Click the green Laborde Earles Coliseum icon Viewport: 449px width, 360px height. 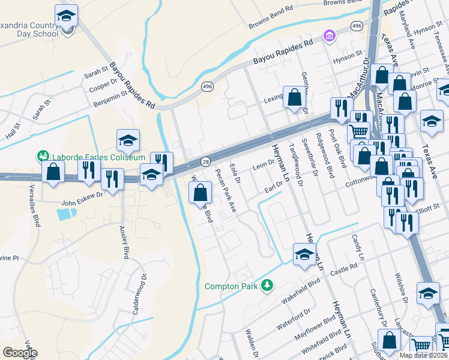tap(42, 157)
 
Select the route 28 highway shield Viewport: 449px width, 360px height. tap(205, 163)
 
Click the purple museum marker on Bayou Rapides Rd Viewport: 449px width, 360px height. tap(329, 37)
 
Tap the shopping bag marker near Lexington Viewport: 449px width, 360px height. tap(295, 97)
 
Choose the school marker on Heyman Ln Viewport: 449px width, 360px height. tap(304, 254)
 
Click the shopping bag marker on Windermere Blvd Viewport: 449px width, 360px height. tap(200, 193)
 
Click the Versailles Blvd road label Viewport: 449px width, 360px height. tap(35, 209)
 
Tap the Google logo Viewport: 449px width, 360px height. tap(20, 353)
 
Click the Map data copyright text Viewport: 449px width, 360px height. tap(424, 355)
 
